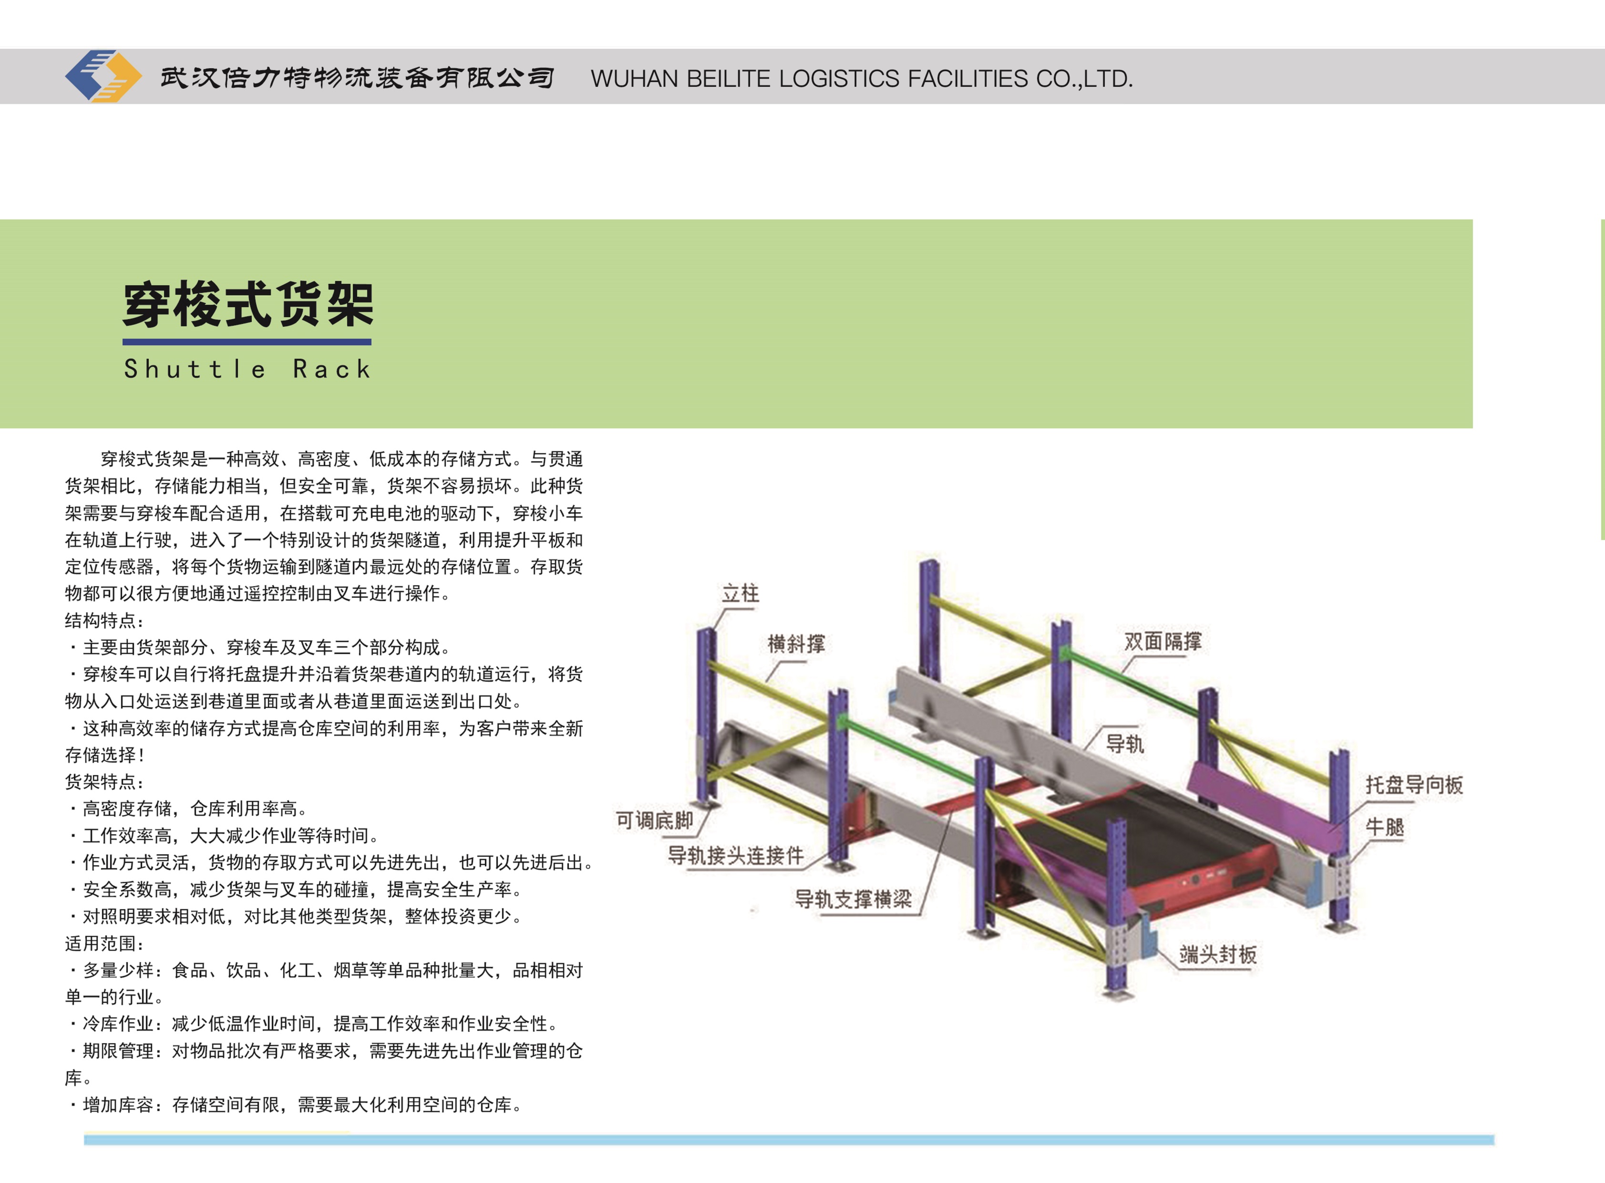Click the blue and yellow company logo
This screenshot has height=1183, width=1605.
(x=103, y=76)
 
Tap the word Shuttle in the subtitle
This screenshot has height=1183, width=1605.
(x=195, y=370)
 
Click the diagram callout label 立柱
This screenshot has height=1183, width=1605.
(x=740, y=594)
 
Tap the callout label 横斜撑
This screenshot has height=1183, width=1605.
(x=796, y=644)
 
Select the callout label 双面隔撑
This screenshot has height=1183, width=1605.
(x=1163, y=641)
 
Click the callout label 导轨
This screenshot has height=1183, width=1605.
(x=1125, y=744)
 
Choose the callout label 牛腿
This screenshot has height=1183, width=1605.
(x=1385, y=828)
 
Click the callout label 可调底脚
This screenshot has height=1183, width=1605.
(x=654, y=820)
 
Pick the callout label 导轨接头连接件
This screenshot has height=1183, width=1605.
(x=735, y=856)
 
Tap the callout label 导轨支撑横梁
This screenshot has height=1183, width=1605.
(x=854, y=900)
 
